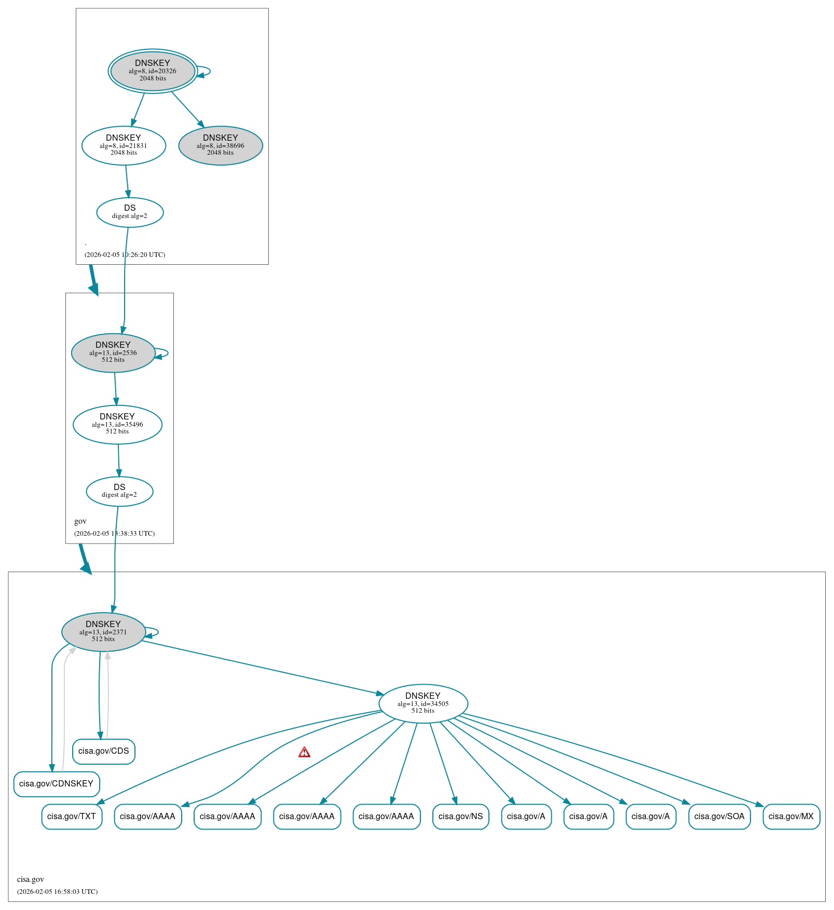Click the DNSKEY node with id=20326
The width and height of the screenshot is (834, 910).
coord(153,71)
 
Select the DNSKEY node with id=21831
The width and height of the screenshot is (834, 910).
coord(124,145)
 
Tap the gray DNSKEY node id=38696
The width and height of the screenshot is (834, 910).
coord(221,145)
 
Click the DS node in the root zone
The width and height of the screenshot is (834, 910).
coord(130,212)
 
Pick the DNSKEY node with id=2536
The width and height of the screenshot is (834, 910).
coord(113,352)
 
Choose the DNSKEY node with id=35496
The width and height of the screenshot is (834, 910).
coord(117,424)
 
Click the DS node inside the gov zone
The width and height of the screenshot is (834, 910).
coord(119,491)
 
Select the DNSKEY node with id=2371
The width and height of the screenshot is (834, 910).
coord(103,632)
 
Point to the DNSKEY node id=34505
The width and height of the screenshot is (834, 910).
coord(423,703)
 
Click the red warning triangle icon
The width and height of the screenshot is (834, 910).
coord(305,752)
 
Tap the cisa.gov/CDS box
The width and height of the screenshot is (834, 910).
coord(104,751)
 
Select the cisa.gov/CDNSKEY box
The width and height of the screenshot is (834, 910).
coord(56,784)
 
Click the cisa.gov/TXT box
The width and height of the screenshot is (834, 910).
coord(72,817)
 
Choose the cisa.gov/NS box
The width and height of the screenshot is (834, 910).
coord(460,817)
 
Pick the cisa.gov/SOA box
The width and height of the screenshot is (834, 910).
coord(719,817)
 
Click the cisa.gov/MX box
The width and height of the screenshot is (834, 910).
coord(791,817)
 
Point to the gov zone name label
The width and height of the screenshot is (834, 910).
coord(80,521)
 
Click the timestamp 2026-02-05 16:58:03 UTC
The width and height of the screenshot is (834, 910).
coord(57,891)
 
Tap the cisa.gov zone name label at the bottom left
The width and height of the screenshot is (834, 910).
coord(31,879)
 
